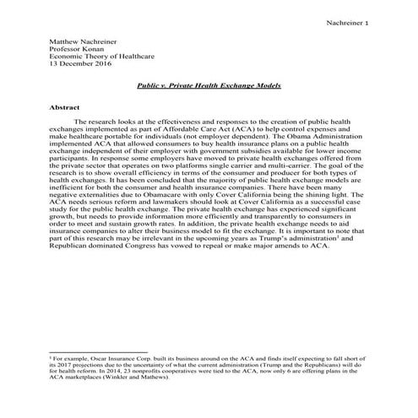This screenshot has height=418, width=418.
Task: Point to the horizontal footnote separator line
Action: point(98,352)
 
